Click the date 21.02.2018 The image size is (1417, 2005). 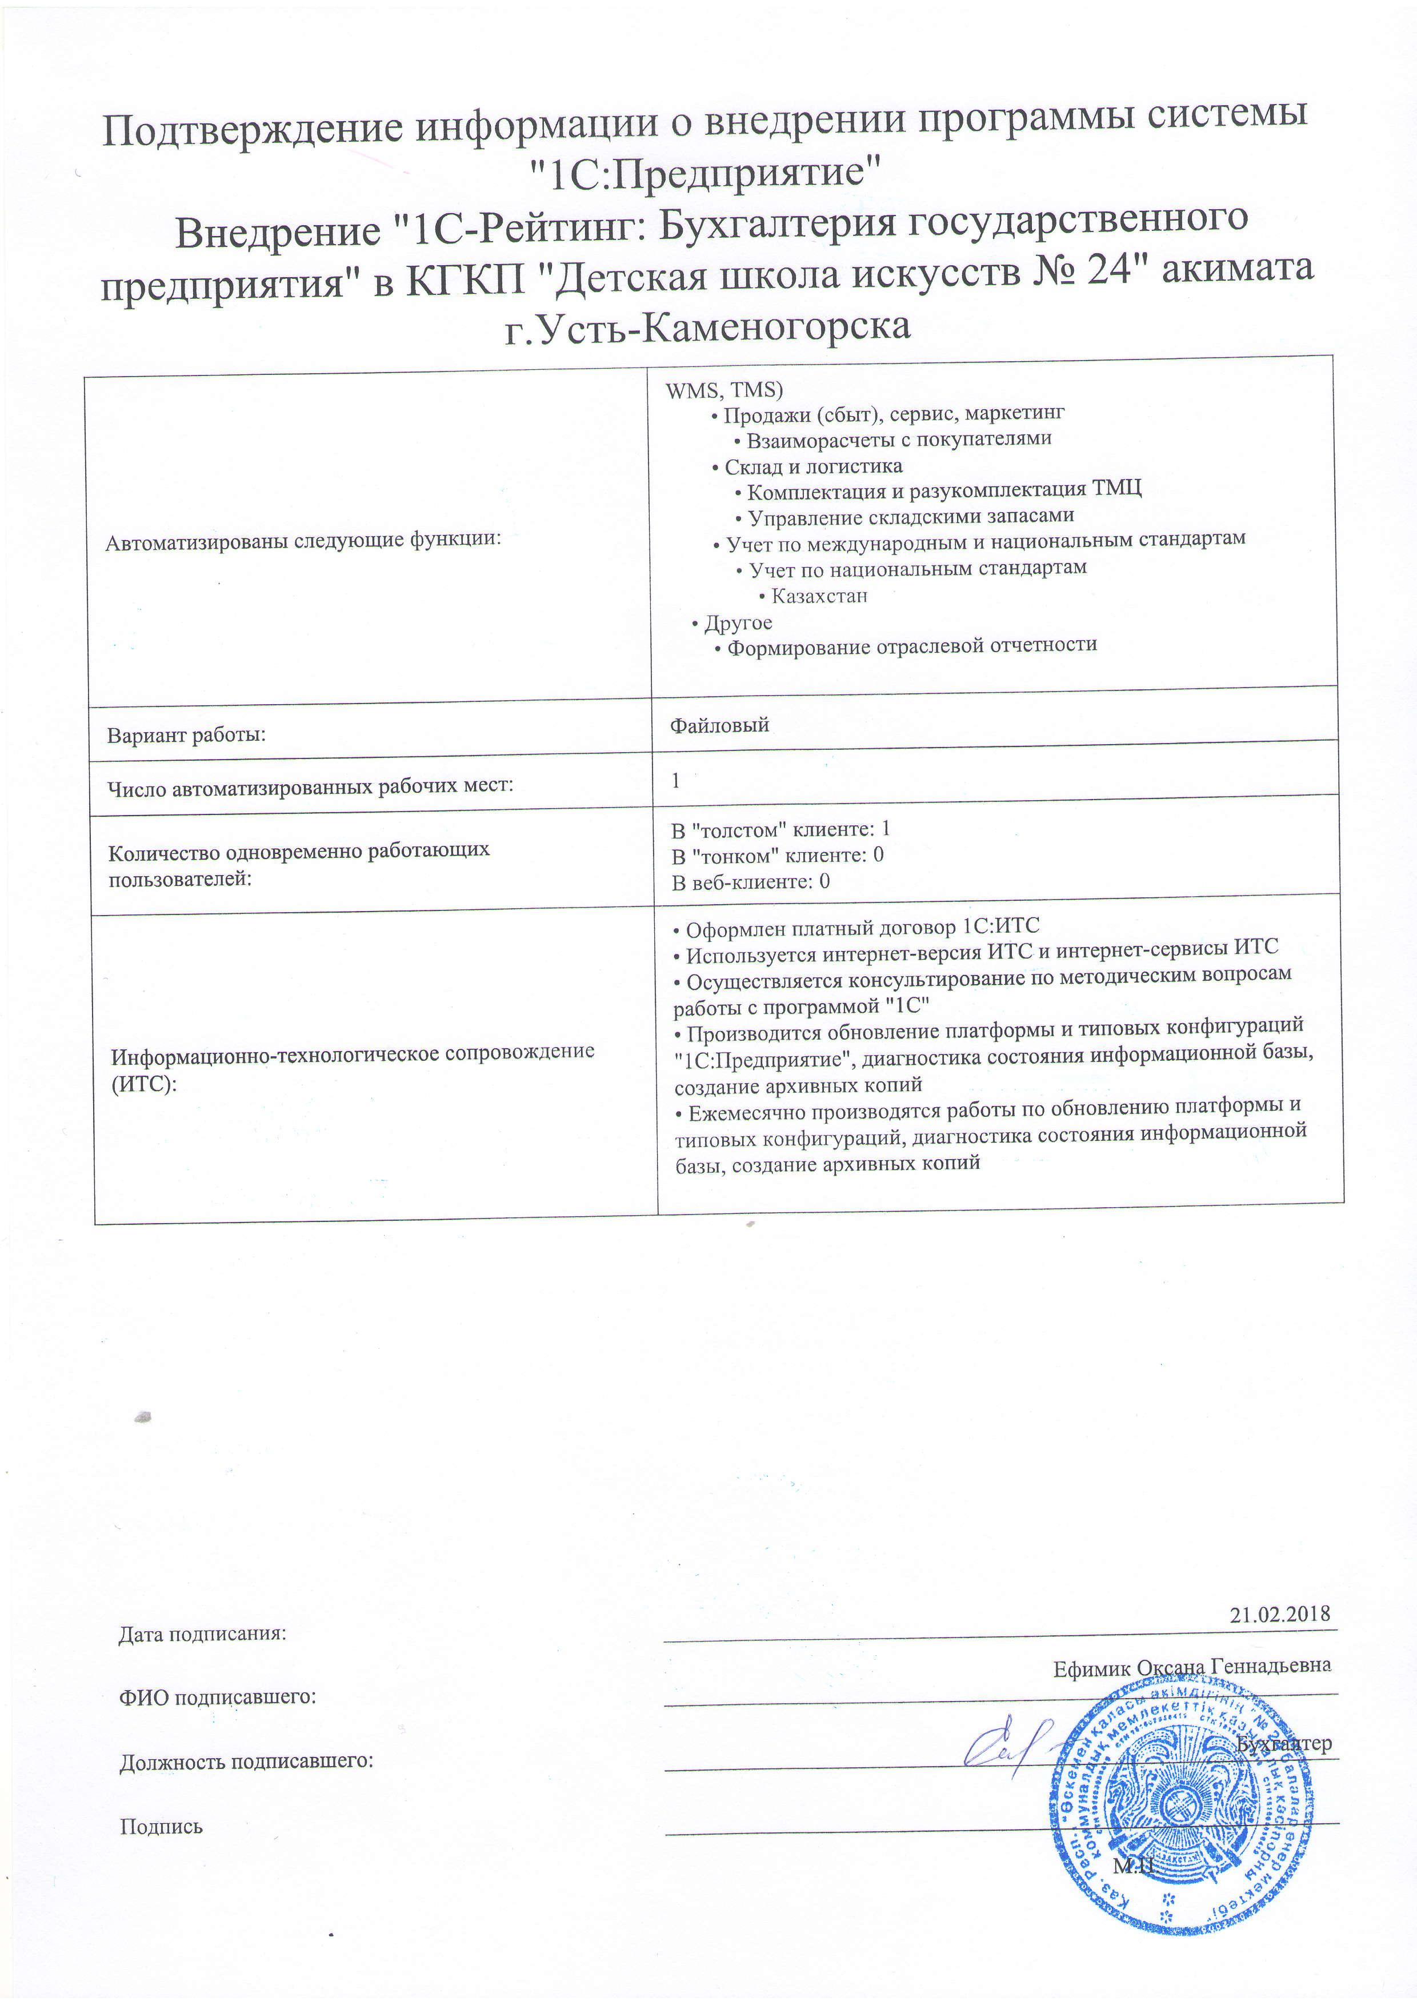click(1279, 1614)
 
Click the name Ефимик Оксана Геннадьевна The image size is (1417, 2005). click(1192, 1666)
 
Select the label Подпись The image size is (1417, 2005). click(161, 1826)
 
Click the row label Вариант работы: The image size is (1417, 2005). click(186, 734)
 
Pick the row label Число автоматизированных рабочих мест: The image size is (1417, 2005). click(310, 788)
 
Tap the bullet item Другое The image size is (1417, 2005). click(738, 622)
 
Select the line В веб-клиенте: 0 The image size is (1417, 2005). click(750, 882)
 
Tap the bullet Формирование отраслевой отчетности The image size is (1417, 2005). click(911, 646)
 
